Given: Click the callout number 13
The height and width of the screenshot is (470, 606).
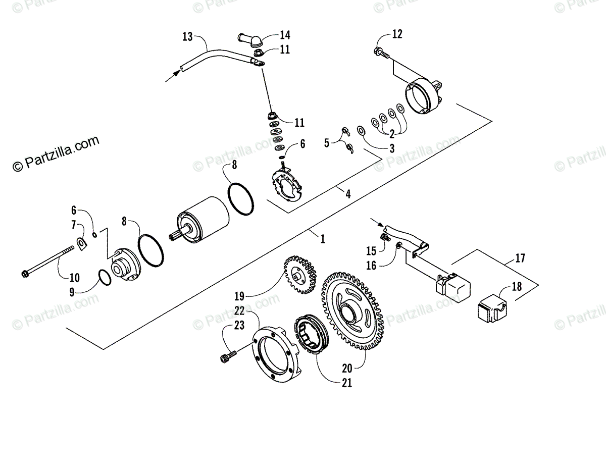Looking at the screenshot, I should (x=187, y=36).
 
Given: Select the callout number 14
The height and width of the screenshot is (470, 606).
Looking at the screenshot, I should (x=285, y=35).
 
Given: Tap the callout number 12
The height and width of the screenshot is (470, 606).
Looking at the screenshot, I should (x=397, y=34).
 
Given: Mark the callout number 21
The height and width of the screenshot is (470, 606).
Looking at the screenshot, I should (x=346, y=383).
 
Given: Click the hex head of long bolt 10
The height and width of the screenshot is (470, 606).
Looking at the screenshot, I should (x=25, y=274).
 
